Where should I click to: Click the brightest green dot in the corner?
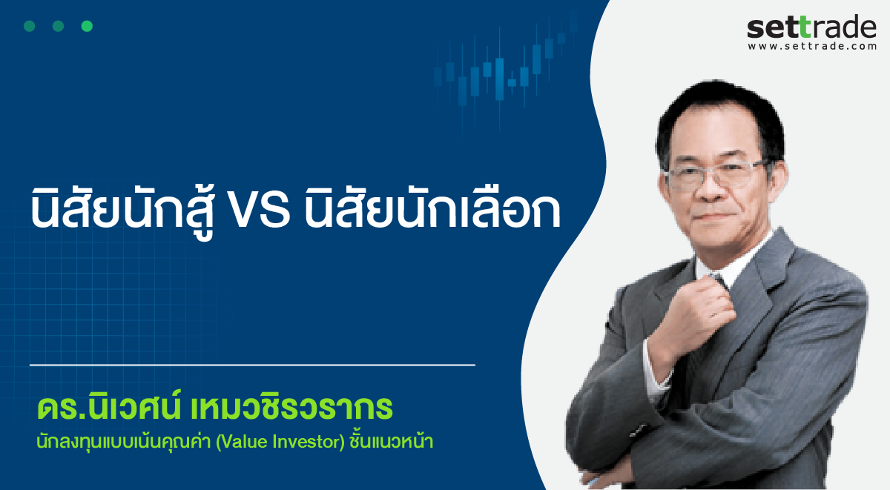point(87,26)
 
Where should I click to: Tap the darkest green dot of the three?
point(30,26)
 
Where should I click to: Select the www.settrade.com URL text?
point(812,47)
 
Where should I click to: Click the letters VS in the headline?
point(260,210)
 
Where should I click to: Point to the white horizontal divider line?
point(252,365)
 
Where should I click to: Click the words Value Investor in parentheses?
point(280,442)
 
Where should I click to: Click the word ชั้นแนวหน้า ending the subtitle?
point(391,440)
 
